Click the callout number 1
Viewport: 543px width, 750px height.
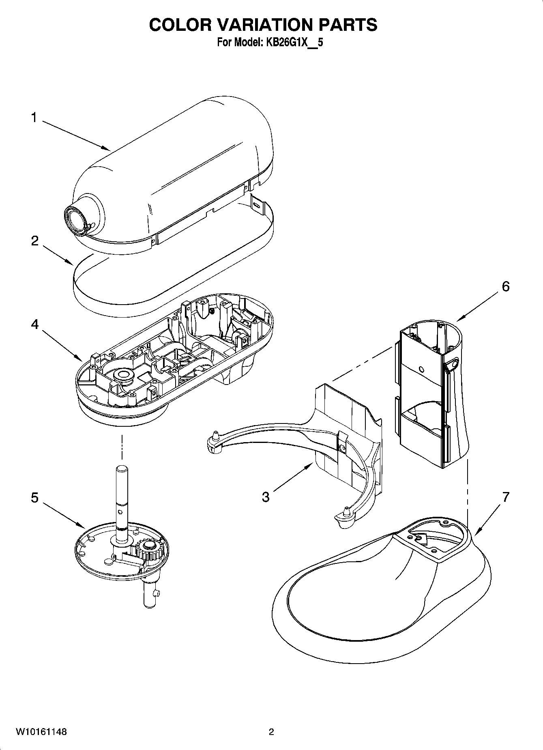(34, 118)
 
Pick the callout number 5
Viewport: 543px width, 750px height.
(35, 497)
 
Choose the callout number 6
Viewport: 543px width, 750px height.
(505, 286)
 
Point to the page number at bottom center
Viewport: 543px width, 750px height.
(271, 732)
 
